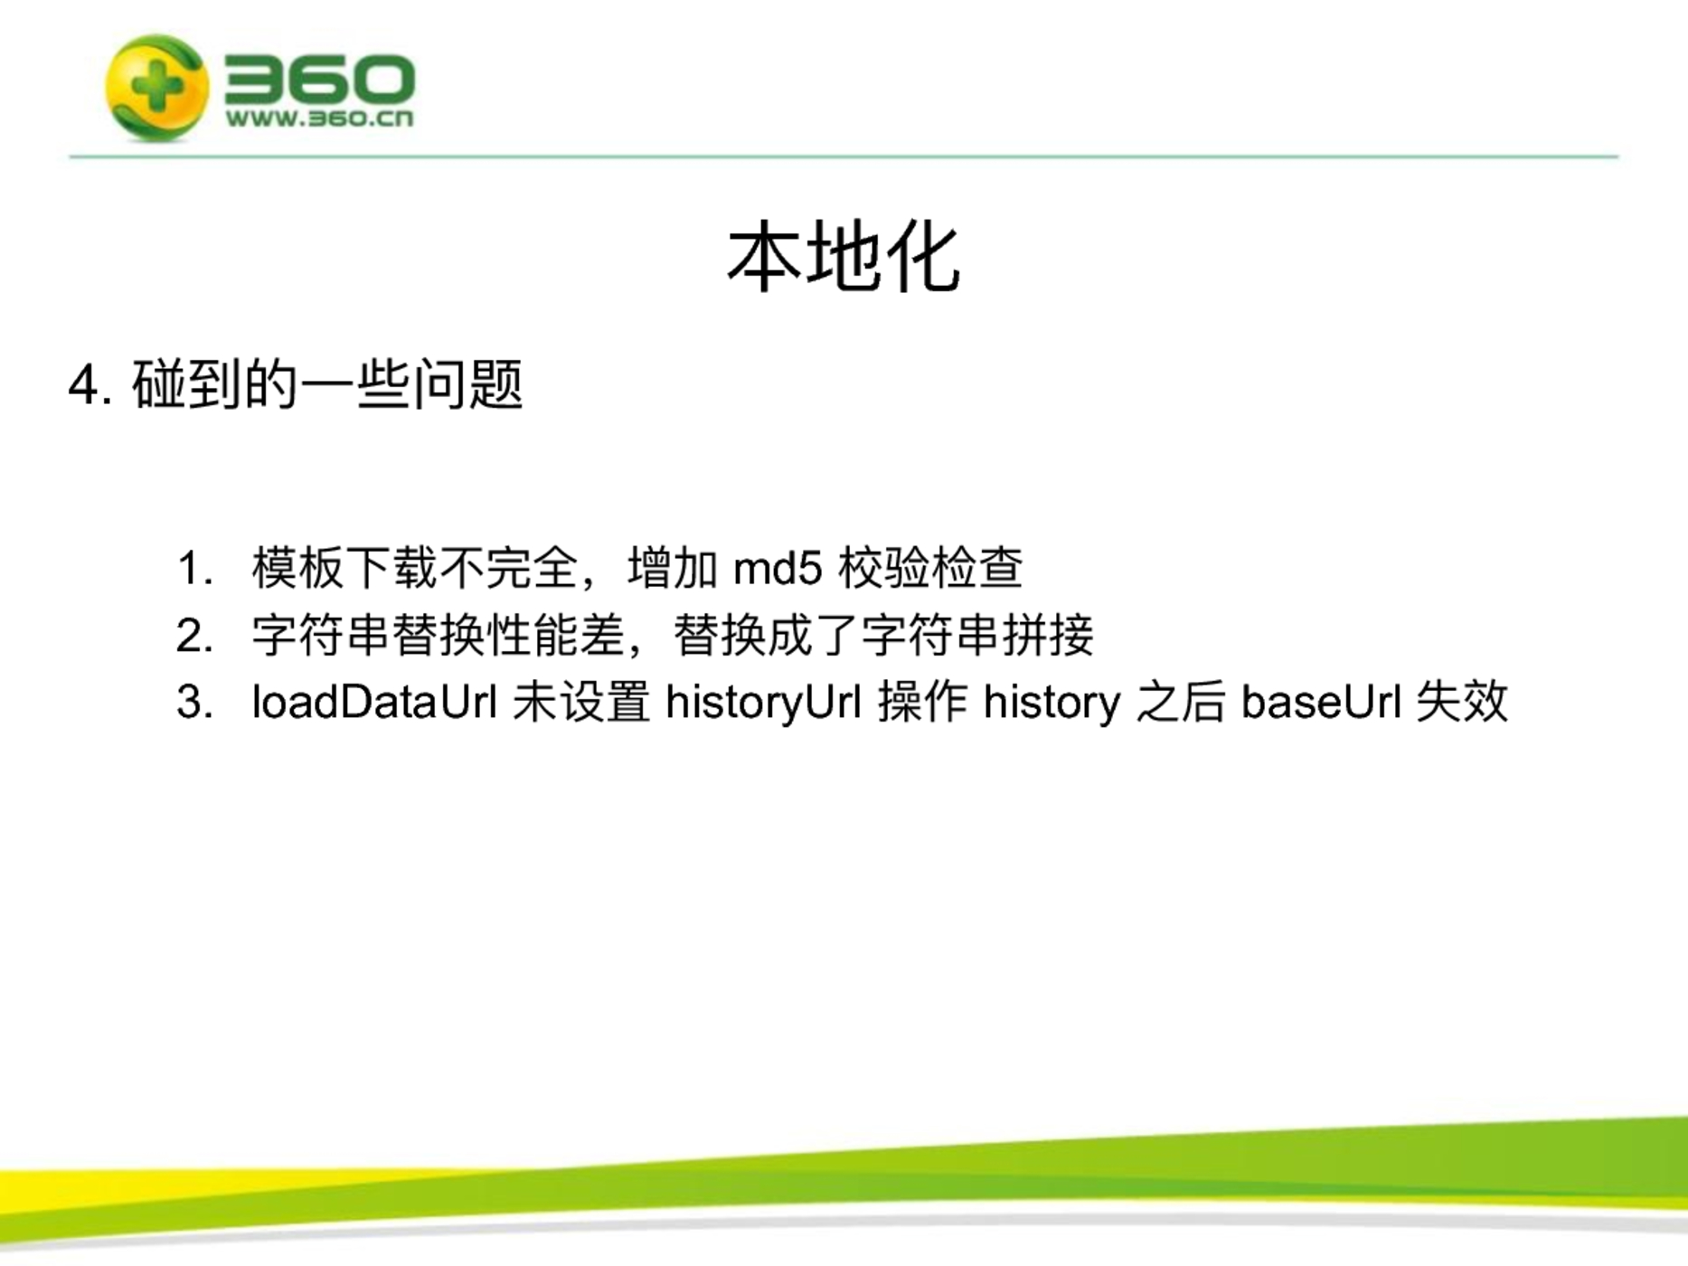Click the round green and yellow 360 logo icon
pos(157,88)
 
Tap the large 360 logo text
pos(319,79)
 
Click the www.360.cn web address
pos(319,118)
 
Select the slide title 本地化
pos(843,259)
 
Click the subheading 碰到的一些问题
pos(327,384)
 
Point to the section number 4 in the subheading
pos(83,386)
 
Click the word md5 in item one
pos(778,569)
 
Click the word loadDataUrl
pos(374,702)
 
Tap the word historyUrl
pos(763,703)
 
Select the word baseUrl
pos(1321,702)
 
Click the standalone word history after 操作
pos(1052,703)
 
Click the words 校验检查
pos(930,569)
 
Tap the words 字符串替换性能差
pos(439,636)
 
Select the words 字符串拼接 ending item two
pos(976,636)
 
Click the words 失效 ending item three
pos(1462,702)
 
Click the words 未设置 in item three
pos(581,702)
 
